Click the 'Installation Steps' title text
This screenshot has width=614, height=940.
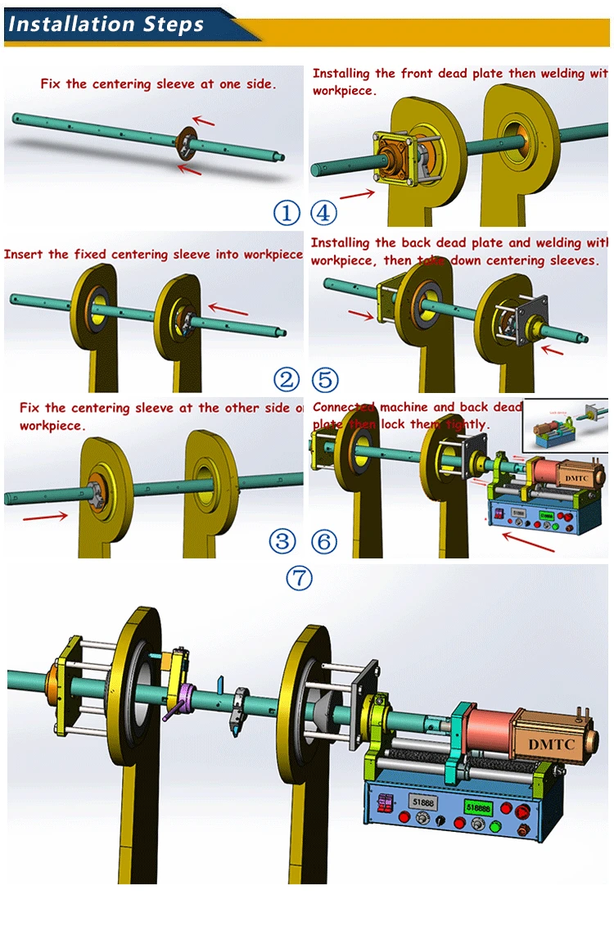tap(106, 24)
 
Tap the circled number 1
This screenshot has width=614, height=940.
tap(287, 214)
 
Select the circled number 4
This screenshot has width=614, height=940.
tap(324, 214)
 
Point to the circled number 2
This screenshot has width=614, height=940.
tap(287, 379)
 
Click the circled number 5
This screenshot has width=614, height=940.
tap(325, 379)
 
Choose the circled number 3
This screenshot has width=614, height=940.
tap(282, 541)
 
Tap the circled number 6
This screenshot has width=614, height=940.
tap(324, 541)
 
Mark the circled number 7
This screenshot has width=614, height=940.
tap(299, 578)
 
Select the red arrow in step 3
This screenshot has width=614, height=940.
tap(45, 516)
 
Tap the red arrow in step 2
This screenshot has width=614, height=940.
tap(229, 310)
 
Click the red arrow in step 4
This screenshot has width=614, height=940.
tap(357, 194)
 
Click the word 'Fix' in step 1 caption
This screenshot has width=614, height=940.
tap(51, 84)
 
